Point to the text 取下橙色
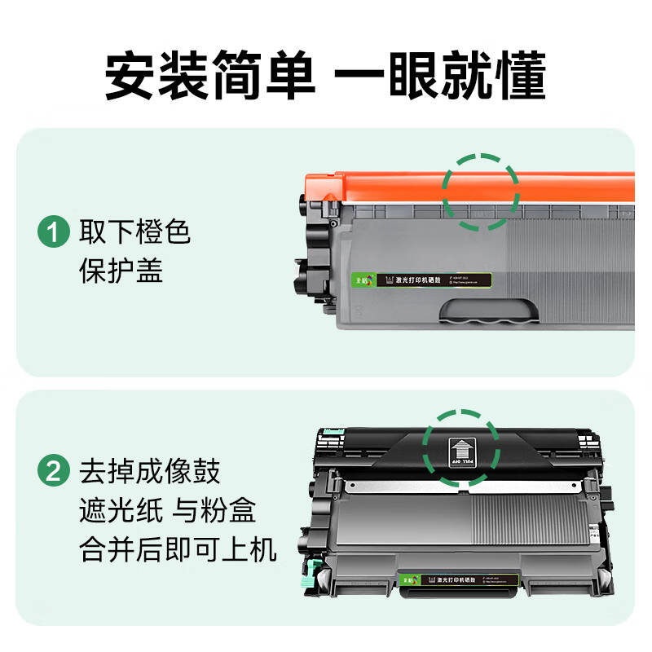coord(134,233)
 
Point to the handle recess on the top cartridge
coord(489,311)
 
